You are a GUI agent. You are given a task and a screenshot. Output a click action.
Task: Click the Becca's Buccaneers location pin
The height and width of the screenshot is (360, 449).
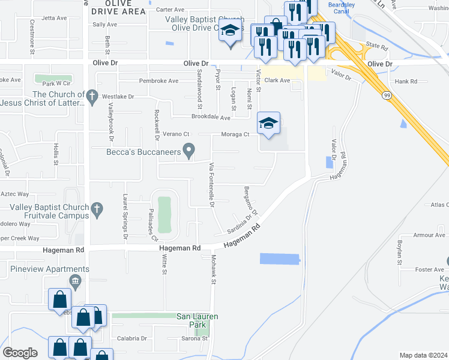(x=189, y=152)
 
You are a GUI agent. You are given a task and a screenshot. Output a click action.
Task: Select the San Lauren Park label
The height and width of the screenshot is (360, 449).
(x=197, y=320)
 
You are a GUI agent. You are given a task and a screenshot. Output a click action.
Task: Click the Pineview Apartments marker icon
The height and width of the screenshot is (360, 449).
(x=75, y=281)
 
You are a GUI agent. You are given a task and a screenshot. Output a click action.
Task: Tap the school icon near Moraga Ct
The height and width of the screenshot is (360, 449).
(x=268, y=124)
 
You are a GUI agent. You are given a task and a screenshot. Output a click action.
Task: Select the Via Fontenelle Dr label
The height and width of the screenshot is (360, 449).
(x=211, y=184)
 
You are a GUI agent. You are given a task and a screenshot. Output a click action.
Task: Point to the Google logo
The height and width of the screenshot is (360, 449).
(x=20, y=353)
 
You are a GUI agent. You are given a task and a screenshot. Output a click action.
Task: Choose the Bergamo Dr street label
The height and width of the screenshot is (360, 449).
(x=251, y=200)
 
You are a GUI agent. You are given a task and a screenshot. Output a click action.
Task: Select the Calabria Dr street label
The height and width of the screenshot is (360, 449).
(x=131, y=338)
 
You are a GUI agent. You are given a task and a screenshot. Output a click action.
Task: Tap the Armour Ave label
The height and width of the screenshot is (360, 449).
(x=429, y=235)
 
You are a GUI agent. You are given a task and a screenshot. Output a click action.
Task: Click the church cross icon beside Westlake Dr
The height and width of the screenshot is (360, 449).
(x=91, y=95)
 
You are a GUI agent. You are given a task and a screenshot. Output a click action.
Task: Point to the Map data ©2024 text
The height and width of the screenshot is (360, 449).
(x=423, y=355)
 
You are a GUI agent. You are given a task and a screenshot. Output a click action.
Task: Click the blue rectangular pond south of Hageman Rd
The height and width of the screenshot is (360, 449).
(x=279, y=259)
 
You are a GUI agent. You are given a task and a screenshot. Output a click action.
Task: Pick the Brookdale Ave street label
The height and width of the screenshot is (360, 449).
(x=211, y=118)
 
